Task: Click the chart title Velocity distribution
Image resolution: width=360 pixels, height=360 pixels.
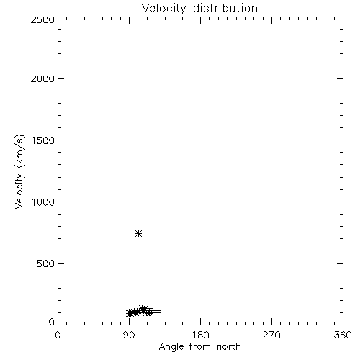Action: pos(199,9)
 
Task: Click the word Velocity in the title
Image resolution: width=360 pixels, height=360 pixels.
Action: pos(163,9)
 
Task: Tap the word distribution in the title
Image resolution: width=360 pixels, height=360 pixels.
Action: pos(225,8)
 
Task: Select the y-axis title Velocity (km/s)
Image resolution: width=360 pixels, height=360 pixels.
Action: pos(19,171)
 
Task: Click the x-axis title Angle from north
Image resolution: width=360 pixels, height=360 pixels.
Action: pos(199,347)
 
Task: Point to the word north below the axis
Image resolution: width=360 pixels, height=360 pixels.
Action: pos(229,347)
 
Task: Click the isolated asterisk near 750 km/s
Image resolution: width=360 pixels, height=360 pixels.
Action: pos(138,233)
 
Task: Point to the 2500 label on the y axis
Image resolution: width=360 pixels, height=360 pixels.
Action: pos(42,19)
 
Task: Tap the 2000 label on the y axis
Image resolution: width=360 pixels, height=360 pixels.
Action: pos(42,78)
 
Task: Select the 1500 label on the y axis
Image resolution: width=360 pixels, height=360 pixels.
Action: pos(42,140)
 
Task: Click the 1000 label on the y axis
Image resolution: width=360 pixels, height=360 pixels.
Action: pos(42,202)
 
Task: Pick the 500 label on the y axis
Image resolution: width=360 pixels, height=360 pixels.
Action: pos(45,264)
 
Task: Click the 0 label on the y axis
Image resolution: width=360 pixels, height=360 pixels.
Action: pos(52,322)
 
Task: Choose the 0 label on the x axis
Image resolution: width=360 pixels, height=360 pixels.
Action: pos(58,335)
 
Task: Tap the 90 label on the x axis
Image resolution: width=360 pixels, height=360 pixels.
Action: pos(129,335)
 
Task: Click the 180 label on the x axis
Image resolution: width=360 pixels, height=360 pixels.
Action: pos(200,335)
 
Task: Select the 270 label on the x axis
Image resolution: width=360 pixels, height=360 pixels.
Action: pos(271,335)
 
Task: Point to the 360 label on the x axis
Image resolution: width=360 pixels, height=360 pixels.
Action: pos(343,335)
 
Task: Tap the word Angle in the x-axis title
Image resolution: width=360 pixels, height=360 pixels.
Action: pos(171,348)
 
